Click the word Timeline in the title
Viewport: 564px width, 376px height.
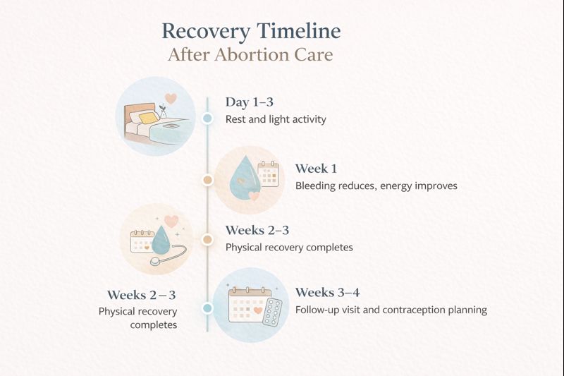(x=299, y=31)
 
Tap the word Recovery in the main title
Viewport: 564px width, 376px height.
(x=206, y=31)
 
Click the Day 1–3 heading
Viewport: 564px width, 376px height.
(x=249, y=102)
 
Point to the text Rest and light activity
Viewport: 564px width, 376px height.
(x=276, y=119)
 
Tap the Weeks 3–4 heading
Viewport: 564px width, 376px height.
(x=327, y=292)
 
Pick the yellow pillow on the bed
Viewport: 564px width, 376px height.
(x=147, y=118)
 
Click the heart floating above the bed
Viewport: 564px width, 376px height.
(x=170, y=99)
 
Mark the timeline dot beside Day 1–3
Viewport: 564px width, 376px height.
(x=207, y=119)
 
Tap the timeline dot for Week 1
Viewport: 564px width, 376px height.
(x=207, y=180)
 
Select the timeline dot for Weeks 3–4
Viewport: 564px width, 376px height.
(x=207, y=308)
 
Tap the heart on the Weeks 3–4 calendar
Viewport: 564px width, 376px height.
(x=258, y=309)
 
